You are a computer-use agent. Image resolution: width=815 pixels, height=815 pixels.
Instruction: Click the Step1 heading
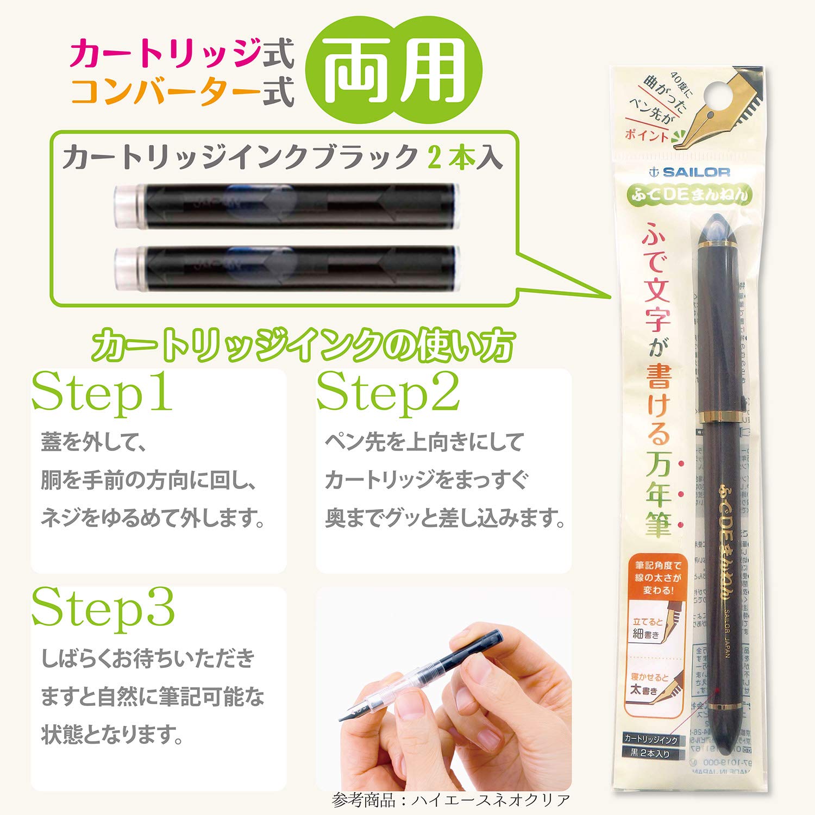[x=102, y=392]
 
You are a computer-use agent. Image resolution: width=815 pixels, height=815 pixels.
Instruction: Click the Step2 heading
[x=388, y=392]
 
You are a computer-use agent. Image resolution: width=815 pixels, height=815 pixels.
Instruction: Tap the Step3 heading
[x=103, y=609]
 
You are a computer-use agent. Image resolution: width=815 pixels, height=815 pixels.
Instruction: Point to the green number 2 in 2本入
[x=435, y=158]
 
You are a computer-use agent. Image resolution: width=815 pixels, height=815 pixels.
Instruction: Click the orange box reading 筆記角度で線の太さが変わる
[x=658, y=578]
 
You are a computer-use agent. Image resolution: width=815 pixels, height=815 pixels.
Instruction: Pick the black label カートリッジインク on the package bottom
[x=650, y=739]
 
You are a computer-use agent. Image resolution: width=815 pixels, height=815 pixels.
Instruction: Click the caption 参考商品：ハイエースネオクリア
[x=451, y=800]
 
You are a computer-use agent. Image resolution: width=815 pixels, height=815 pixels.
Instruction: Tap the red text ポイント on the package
[x=647, y=135]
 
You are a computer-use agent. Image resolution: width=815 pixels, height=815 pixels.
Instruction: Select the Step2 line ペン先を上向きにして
[x=424, y=442]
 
